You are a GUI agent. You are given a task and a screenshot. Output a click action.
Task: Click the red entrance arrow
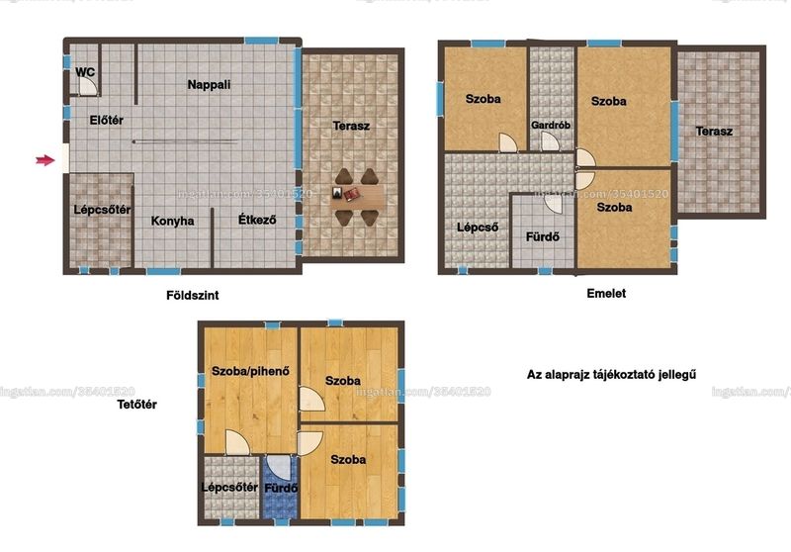[x=44, y=160]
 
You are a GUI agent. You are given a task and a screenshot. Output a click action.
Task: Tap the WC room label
[x=85, y=72]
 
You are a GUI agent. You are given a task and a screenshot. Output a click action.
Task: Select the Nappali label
[x=209, y=85]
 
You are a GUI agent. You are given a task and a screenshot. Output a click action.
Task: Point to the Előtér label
[x=107, y=120]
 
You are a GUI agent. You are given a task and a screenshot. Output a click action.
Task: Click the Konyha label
[x=172, y=221]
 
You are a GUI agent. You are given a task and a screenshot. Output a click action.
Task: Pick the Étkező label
[x=257, y=220]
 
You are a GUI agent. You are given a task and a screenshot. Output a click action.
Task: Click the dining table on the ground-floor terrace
[x=357, y=197]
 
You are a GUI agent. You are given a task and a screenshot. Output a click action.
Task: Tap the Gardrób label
[x=551, y=125]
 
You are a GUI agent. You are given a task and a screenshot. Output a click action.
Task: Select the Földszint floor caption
[x=193, y=295]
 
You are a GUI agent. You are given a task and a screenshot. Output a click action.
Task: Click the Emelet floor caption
[x=606, y=293]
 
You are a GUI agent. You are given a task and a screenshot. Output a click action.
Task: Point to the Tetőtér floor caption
[x=136, y=405]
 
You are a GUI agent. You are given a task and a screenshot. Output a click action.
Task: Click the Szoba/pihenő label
[x=251, y=371]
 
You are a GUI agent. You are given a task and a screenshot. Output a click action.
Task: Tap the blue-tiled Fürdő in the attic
[x=280, y=487]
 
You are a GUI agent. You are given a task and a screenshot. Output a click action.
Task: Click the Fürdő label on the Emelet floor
[x=542, y=236]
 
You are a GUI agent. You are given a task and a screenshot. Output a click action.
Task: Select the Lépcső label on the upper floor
[x=478, y=228]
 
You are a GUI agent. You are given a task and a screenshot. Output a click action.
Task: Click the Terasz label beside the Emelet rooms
[x=714, y=132]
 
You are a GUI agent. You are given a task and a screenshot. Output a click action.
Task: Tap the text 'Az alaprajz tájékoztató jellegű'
[x=611, y=375]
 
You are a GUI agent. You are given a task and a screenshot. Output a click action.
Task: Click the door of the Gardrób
[x=550, y=141]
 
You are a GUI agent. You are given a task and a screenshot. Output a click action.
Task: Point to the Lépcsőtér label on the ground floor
[x=102, y=210]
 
